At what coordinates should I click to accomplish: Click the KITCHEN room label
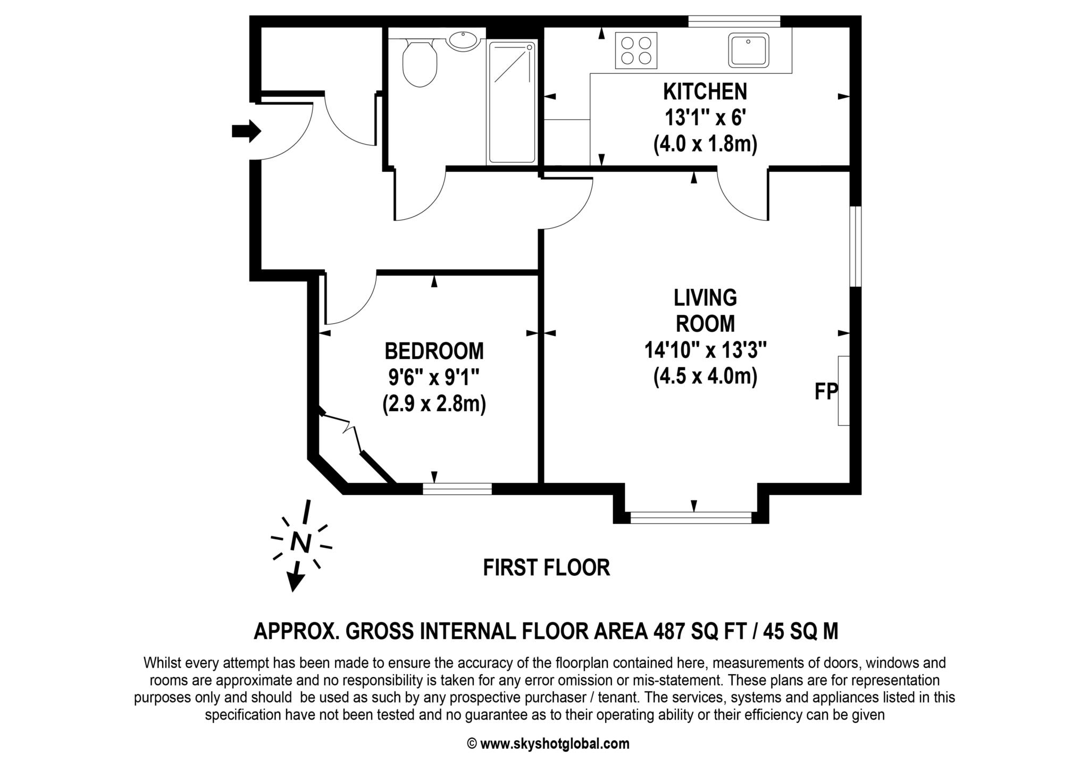(705, 92)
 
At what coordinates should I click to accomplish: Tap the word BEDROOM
(434, 351)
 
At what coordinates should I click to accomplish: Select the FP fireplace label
(825, 392)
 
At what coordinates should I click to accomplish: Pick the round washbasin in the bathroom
(463, 41)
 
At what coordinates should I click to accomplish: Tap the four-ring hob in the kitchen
(636, 51)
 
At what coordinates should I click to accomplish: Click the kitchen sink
(749, 50)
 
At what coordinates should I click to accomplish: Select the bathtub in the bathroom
(512, 102)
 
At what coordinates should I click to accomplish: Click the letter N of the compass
(301, 543)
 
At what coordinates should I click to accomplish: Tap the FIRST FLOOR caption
(546, 568)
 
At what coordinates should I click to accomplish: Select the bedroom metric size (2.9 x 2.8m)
(434, 404)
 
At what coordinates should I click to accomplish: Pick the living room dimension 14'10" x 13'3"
(705, 350)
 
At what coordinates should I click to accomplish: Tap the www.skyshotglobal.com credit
(554, 744)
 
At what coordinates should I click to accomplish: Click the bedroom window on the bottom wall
(457, 489)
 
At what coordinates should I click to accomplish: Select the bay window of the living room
(691, 517)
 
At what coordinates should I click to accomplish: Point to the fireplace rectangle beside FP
(843, 391)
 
